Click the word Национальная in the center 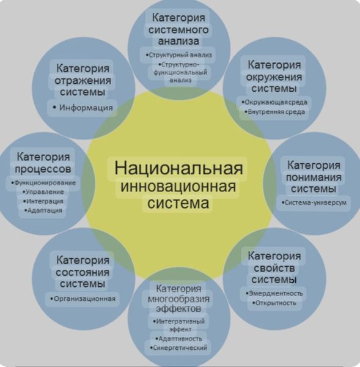[x=178, y=169]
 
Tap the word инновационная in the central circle [x=178, y=187]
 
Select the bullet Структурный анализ [x=178, y=55]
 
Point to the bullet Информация [x=83, y=108]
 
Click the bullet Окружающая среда [x=274, y=102]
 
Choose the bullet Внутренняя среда [x=274, y=112]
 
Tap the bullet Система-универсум [x=314, y=202]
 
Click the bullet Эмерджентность [x=274, y=294]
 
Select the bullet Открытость [x=274, y=303]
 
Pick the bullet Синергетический [x=178, y=348]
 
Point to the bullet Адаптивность [x=178, y=339]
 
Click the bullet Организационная [x=83, y=299]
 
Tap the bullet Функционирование [x=43, y=183]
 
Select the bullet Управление [x=43, y=192]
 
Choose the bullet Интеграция [x=43, y=201]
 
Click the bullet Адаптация [x=43, y=210]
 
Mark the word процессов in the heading [x=43, y=169]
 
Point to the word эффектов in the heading [x=178, y=309]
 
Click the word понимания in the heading [x=314, y=178]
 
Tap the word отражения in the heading [x=83, y=81]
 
